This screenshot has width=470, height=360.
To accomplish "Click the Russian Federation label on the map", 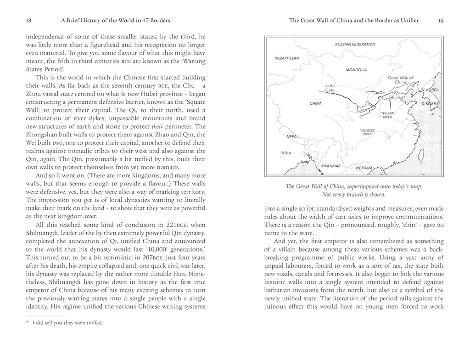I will point(355,45).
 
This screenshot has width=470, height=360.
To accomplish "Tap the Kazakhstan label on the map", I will point(287,58).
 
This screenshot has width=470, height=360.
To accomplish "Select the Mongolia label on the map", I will point(356,70).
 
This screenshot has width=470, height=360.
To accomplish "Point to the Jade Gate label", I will point(330,88).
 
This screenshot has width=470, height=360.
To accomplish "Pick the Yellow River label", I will point(387,115).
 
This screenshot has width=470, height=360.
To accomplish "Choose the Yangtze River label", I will point(367,132).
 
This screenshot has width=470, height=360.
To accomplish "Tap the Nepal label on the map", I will point(292,137).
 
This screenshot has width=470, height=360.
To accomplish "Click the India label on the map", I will point(285,153).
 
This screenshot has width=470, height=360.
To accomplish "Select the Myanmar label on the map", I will point(330,165).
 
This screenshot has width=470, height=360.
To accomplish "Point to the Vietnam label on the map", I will point(364,168).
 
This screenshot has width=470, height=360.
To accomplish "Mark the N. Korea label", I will point(430,90).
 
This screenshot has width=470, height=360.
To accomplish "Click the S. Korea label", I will point(430,104).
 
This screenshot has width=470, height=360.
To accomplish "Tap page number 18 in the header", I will point(29,20).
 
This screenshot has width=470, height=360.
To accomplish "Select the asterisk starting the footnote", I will point(27,323).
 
